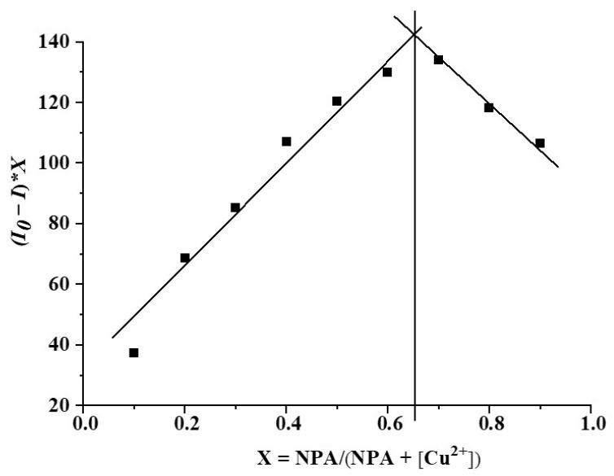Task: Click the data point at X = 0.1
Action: (x=134, y=352)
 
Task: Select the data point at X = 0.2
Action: (x=185, y=258)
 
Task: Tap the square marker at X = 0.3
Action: (x=235, y=207)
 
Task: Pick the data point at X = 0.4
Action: (x=287, y=142)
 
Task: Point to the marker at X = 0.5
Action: (x=337, y=101)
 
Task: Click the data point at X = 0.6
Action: (x=388, y=72)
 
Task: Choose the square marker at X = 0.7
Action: (x=438, y=59)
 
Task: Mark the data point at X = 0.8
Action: (x=489, y=107)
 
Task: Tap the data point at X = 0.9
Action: (x=540, y=143)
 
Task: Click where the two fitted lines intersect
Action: (x=415, y=33)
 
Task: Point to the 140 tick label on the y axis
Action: (x=58, y=41)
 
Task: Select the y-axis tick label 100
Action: (x=58, y=163)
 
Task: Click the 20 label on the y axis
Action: (x=63, y=405)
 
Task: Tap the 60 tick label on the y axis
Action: (x=63, y=284)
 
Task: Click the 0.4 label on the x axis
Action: (x=287, y=424)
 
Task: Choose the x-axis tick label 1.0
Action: (x=591, y=424)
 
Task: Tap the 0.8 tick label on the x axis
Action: (x=489, y=424)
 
